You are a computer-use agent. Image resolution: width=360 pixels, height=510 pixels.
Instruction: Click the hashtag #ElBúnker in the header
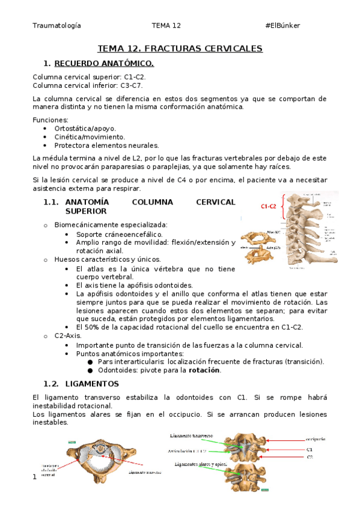click(282, 25)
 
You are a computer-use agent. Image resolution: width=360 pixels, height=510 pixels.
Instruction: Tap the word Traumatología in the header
click(57, 25)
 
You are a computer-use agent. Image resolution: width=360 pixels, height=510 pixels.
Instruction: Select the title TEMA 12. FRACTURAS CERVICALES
click(180, 48)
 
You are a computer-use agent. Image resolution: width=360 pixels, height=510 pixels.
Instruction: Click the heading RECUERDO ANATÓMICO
click(104, 63)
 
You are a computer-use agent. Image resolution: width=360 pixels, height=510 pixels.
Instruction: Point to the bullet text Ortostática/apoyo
click(85, 128)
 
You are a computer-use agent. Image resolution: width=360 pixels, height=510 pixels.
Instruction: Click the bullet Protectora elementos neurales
click(98, 145)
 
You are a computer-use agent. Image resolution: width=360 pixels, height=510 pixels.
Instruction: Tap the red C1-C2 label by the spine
click(268, 206)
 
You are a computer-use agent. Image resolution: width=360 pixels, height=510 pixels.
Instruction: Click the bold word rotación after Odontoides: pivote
click(204, 370)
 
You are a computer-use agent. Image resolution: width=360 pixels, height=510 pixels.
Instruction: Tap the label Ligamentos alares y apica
click(199, 464)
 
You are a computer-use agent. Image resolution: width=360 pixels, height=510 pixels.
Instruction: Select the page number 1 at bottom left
click(35, 477)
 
